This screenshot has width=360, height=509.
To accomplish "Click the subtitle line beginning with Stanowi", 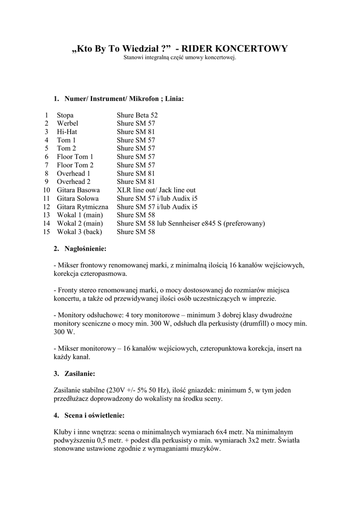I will point(180,58).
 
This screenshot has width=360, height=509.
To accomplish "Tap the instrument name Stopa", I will point(65,115).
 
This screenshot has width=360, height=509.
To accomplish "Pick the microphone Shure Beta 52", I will point(137,115).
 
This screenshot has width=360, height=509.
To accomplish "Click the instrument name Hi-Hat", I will point(67,132).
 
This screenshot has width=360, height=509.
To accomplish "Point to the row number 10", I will point(46,190).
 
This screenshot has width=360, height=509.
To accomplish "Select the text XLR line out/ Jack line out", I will point(156,190).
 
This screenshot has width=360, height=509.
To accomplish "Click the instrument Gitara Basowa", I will point(79,190).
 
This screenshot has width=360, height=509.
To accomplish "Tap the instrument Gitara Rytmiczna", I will point(83,207).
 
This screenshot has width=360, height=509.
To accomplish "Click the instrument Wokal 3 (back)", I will point(79,232).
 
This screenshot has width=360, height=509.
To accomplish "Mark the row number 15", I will point(46,232).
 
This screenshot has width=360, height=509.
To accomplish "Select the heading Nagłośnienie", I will point(85,248).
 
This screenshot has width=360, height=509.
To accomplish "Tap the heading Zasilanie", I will point(80,373).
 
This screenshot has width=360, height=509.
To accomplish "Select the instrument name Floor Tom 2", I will point(75,165).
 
